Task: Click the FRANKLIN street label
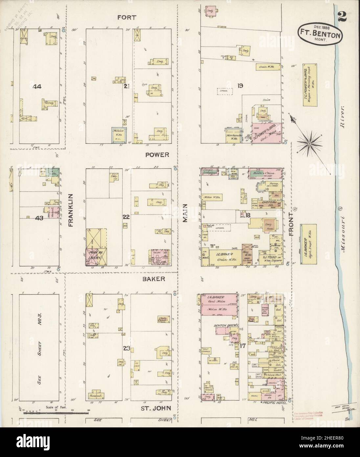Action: [70, 210]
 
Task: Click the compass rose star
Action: [309, 143]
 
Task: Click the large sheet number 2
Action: [342, 17]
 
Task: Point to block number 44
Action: [37, 87]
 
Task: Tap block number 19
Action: [240, 86]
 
